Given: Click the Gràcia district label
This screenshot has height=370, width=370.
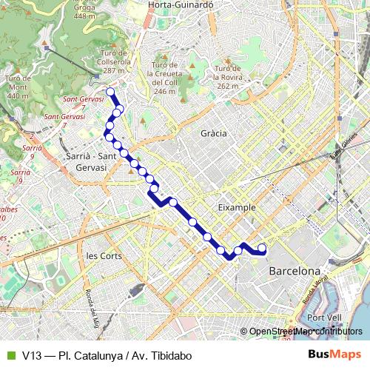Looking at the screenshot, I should [x=213, y=133].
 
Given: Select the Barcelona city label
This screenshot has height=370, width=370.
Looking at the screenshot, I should [x=295, y=271].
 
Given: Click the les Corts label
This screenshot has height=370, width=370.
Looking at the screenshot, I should [x=103, y=256].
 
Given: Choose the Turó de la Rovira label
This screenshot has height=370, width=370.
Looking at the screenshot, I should [x=227, y=77].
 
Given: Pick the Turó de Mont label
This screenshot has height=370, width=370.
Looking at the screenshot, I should [x=17, y=87].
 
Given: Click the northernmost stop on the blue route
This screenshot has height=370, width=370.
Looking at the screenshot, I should [x=110, y=92].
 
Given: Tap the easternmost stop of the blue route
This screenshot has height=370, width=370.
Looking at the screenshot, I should [x=262, y=248].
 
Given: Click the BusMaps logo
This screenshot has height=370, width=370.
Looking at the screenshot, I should [x=335, y=355].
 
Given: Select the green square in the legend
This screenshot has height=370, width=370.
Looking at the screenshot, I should [x=10, y=356].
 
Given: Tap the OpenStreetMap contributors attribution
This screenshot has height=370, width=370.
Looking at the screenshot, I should [x=305, y=332].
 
